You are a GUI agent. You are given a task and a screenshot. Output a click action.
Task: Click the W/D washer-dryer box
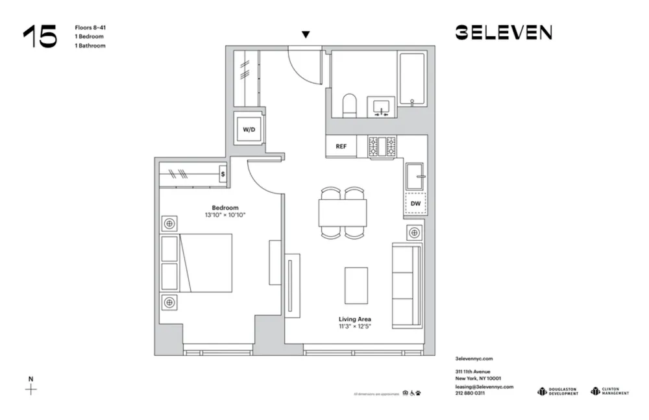[249, 130]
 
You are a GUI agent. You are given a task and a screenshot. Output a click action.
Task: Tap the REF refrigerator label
[341, 147]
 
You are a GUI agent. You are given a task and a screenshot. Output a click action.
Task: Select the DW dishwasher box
[415, 203]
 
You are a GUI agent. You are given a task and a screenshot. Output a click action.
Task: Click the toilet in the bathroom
[349, 106]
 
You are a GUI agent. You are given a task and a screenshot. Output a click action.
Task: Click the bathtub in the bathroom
[411, 79]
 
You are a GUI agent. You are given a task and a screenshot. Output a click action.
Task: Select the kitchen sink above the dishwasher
[415, 175]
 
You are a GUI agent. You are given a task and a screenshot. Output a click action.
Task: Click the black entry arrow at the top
[306, 34]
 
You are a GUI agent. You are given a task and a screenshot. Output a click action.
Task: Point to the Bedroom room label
[225, 208]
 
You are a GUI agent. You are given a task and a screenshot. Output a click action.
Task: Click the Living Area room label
[355, 319]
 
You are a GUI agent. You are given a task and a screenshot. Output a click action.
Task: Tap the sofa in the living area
[407, 284]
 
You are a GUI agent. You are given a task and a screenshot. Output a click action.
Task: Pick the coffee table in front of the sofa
[356, 284]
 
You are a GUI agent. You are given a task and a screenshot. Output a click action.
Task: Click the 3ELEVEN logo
[503, 32]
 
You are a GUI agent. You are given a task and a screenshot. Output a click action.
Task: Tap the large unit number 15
[40, 36]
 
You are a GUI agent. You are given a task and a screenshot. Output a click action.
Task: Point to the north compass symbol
[31, 389]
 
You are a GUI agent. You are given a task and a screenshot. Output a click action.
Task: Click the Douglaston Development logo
[557, 391]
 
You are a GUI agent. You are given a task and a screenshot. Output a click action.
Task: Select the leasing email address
[484, 386]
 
